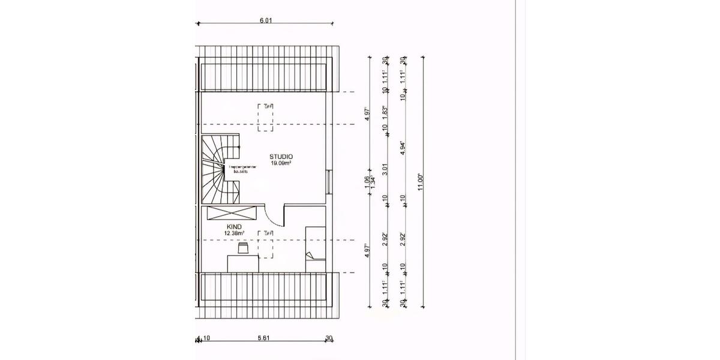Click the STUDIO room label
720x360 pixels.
(281, 156)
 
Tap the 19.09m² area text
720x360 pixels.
(281, 163)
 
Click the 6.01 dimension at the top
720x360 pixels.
(266, 20)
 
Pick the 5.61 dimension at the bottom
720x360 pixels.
(263, 338)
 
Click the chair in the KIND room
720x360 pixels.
(243, 248)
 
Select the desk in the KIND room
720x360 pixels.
(243, 262)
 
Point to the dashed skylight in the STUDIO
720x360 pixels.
(266, 117)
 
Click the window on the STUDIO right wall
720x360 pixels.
(329, 182)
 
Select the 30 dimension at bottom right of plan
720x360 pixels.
(329, 338)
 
